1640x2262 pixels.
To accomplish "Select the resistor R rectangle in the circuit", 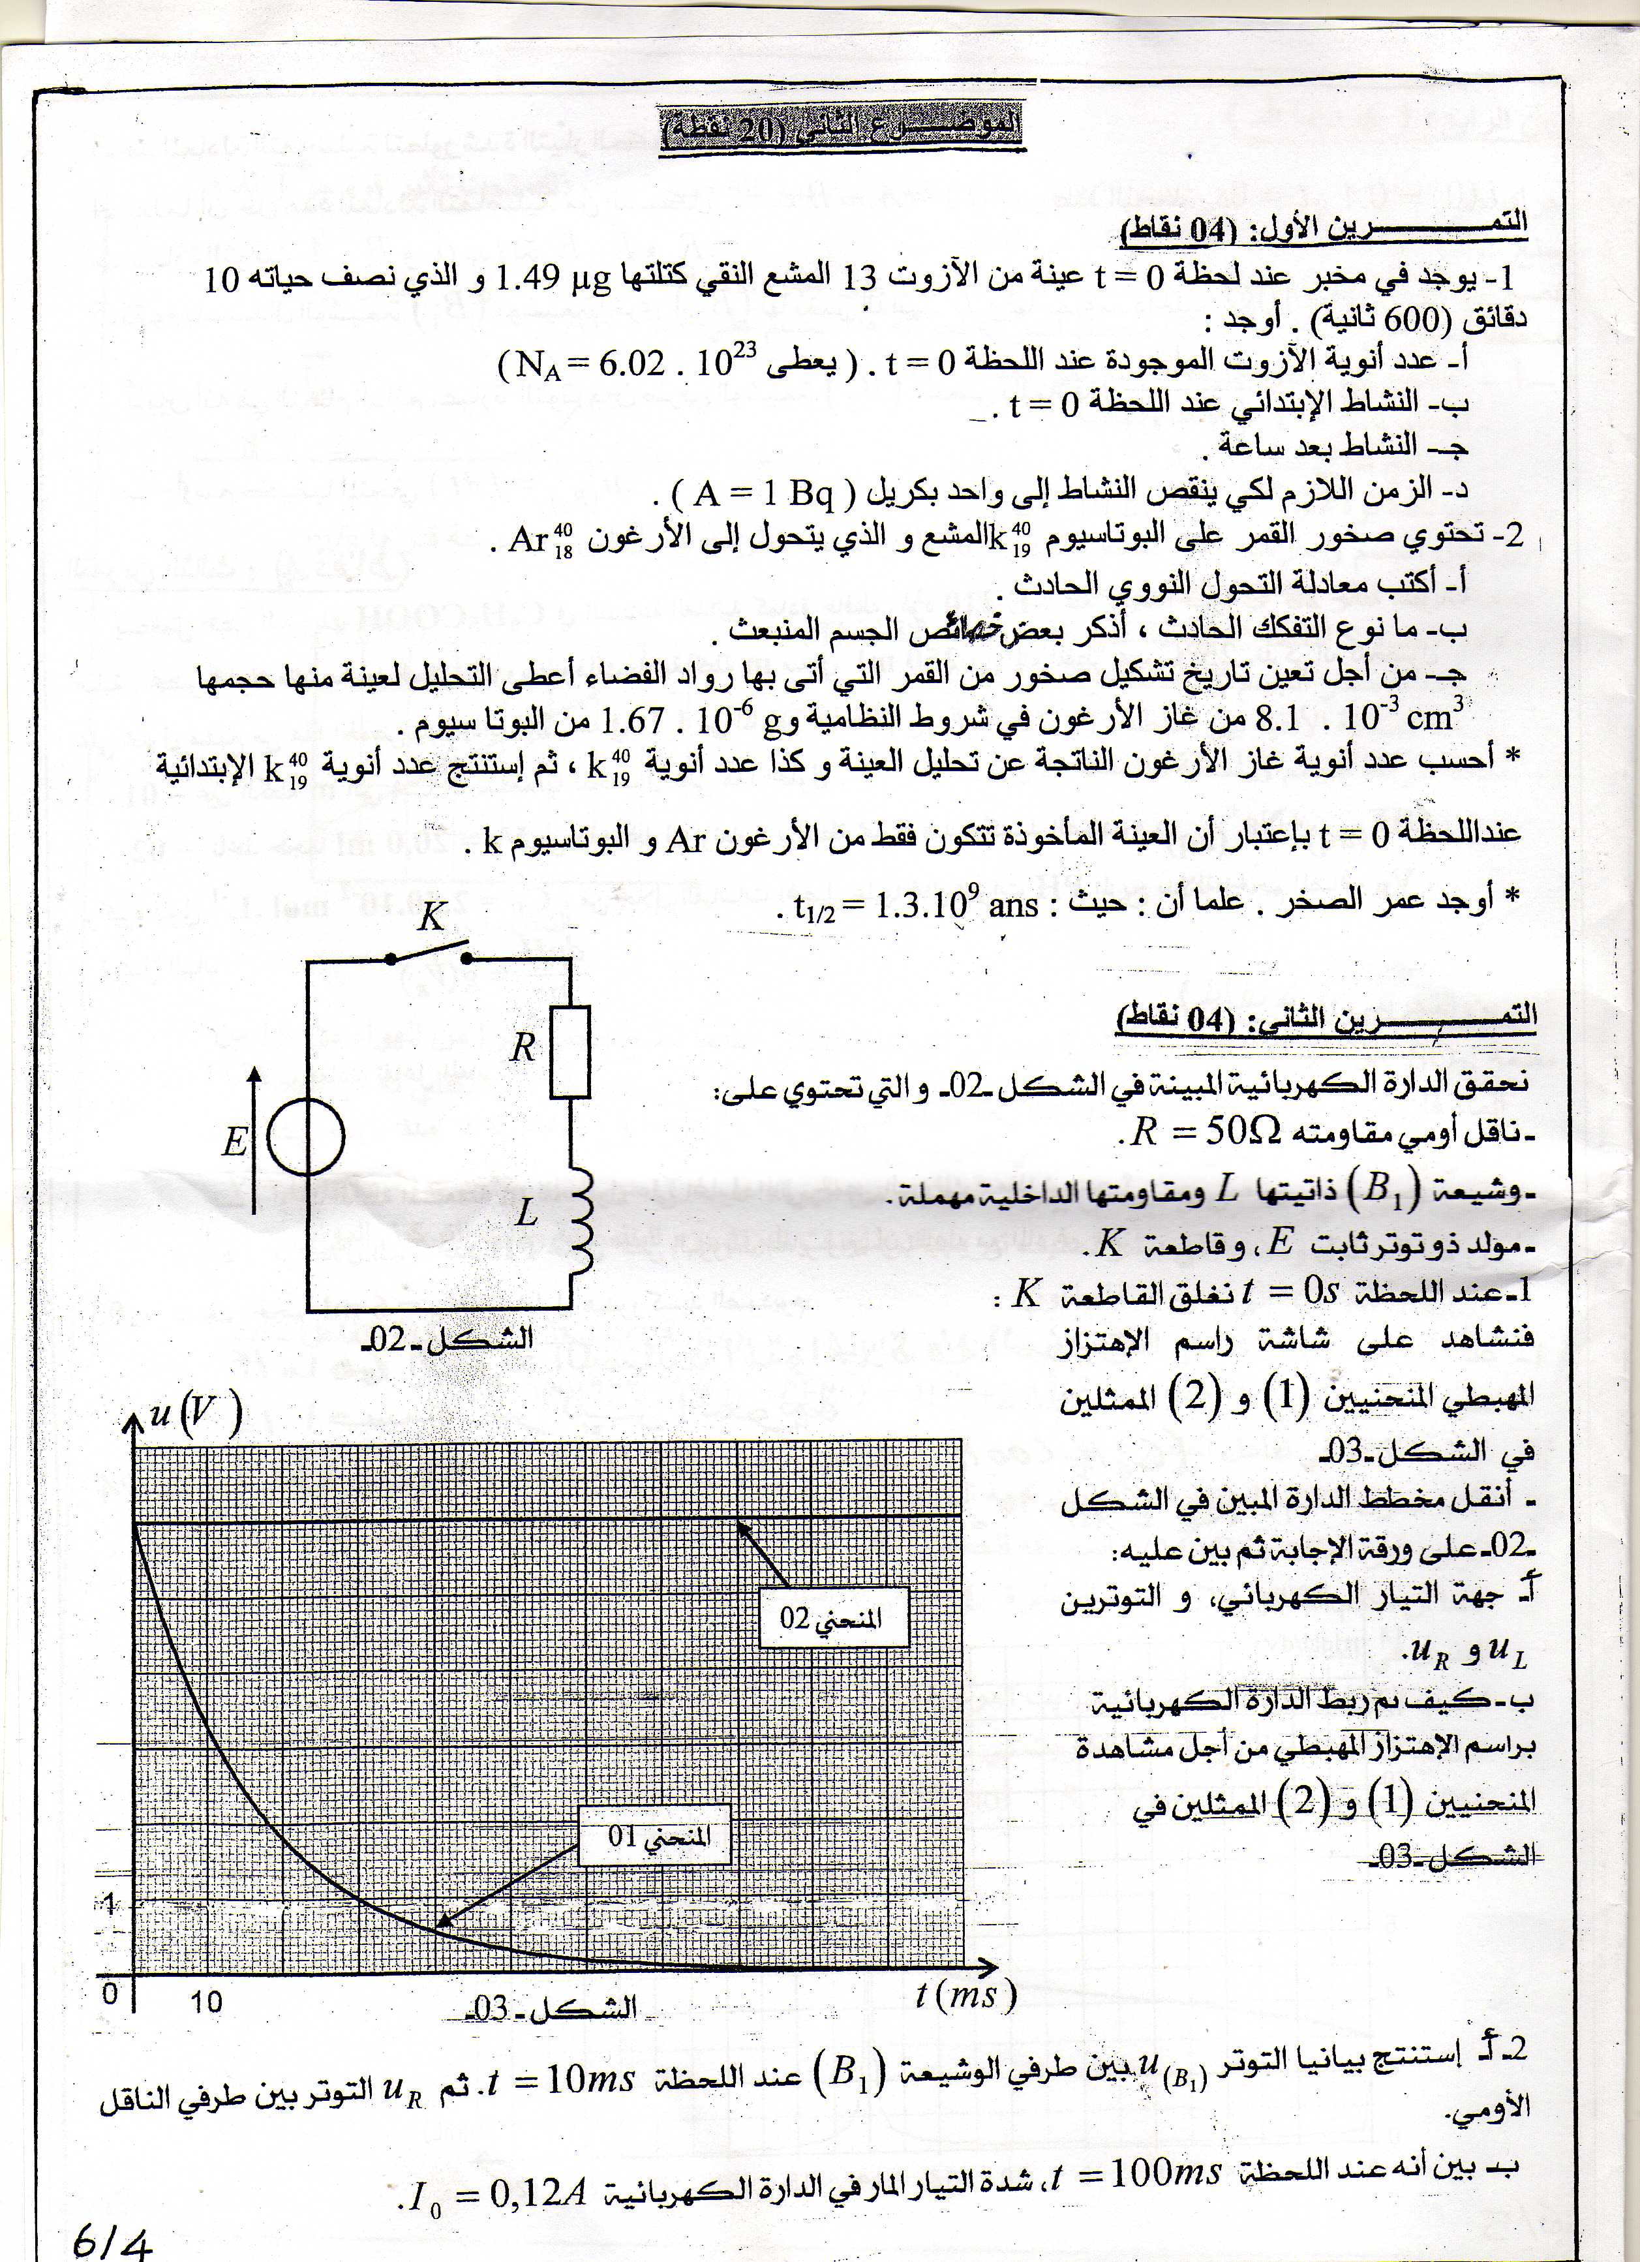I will [569, 1051].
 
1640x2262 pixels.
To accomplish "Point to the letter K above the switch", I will [431, 915].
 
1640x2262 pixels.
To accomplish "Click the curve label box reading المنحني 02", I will [832, 1617].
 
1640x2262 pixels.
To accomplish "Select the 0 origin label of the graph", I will [110, 1995].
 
